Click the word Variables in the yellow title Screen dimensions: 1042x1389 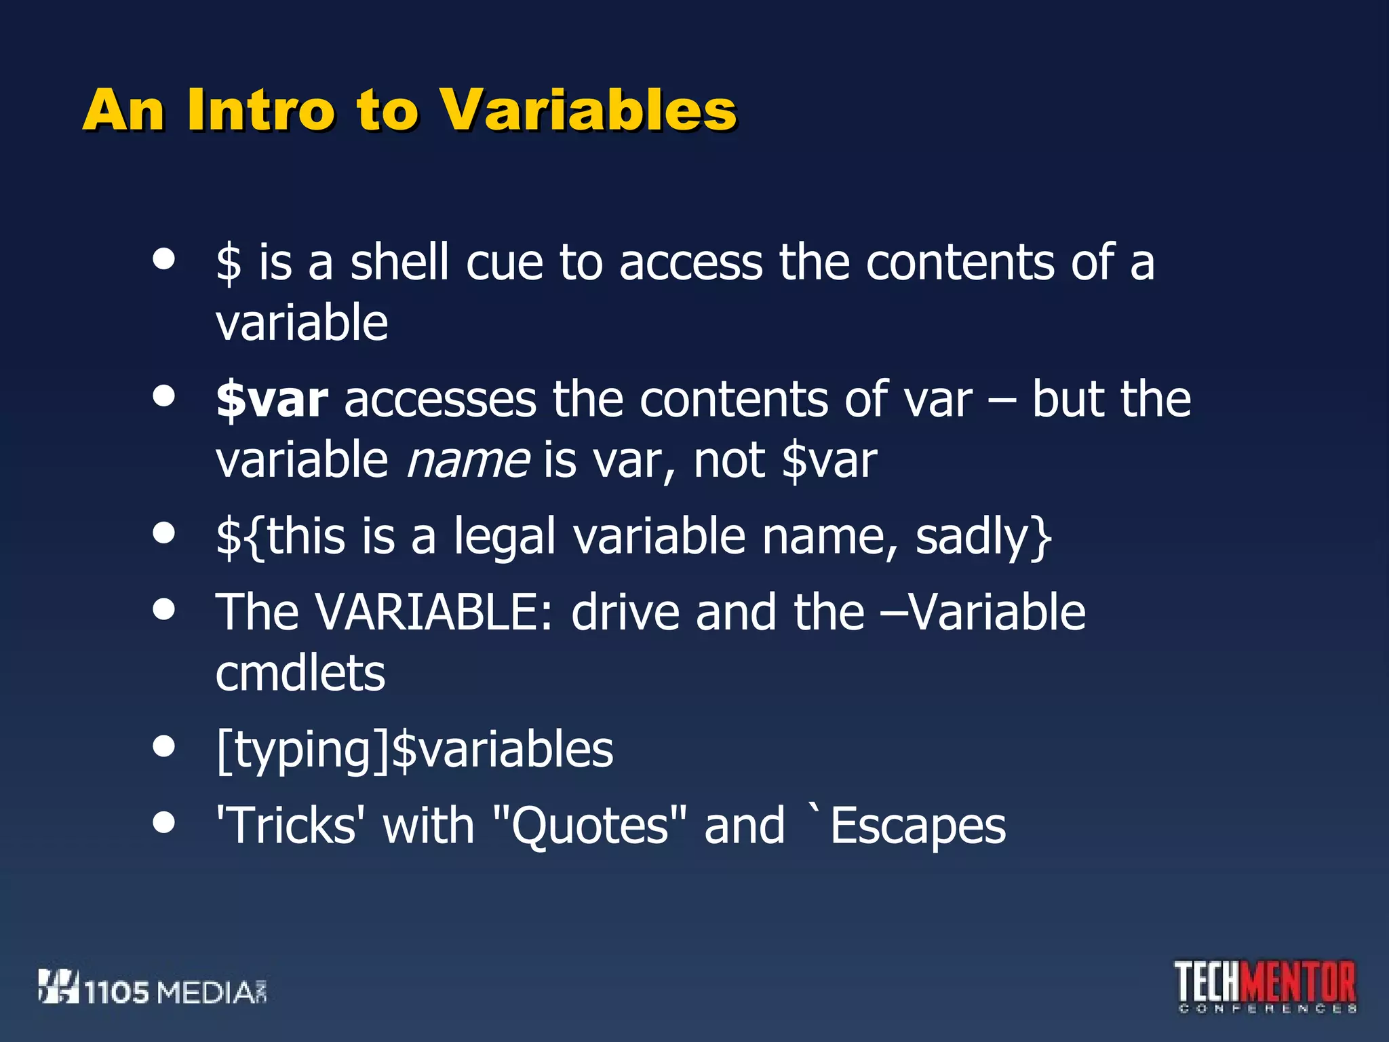[588, 110]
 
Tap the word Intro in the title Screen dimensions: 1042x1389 [260, 110]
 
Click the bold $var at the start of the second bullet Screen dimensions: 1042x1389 [272, 400]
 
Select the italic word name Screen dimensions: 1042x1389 [468, 461]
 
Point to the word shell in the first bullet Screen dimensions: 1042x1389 [399, 263]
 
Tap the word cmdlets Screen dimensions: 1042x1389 [300, 674]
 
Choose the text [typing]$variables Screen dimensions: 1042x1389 [414, 750]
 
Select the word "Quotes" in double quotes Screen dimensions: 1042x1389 [589, 826]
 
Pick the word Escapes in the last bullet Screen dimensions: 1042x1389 [918, 826]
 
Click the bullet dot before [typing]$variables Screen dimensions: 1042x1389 [163, 746]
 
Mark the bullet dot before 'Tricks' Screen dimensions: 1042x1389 [163, 822]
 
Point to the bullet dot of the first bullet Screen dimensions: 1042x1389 [163, 258]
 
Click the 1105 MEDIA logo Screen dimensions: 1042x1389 [152, 988]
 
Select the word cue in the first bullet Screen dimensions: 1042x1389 [504, 263]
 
